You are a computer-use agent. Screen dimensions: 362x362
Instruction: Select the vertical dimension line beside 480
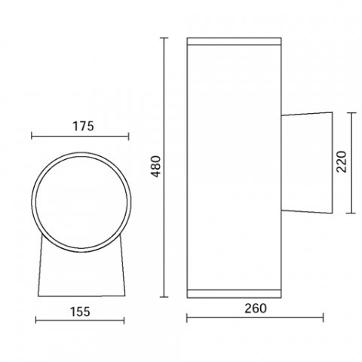pos(165,167)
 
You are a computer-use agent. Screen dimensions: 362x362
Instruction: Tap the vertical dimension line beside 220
pos(351,162)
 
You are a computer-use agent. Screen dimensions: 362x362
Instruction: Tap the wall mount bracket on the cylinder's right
pos(308,161)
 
